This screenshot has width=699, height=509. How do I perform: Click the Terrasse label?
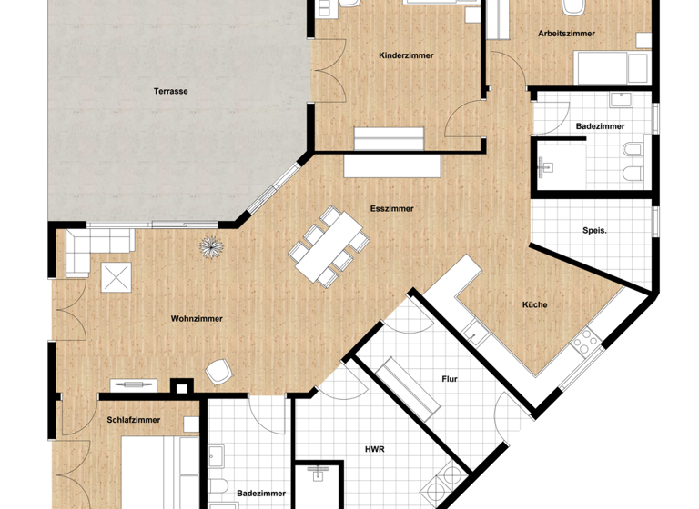click(171, 91)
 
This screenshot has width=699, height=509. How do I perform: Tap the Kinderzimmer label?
click(406, 56)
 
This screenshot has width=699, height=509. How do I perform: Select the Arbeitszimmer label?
click(566, 34)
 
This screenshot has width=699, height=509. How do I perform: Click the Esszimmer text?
click(391, 208)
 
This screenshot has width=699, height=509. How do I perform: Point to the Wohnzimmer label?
click(197, 319)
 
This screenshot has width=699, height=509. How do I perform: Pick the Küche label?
click(534, 304)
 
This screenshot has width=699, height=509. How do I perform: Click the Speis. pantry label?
click(594, 231)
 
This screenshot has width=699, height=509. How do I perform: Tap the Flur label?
click(449, 378)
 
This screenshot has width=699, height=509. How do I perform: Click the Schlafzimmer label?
click(134, 420)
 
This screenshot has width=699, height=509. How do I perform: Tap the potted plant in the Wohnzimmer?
click(212, 246)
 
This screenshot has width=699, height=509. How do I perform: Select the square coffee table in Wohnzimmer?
click(116, 277)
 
